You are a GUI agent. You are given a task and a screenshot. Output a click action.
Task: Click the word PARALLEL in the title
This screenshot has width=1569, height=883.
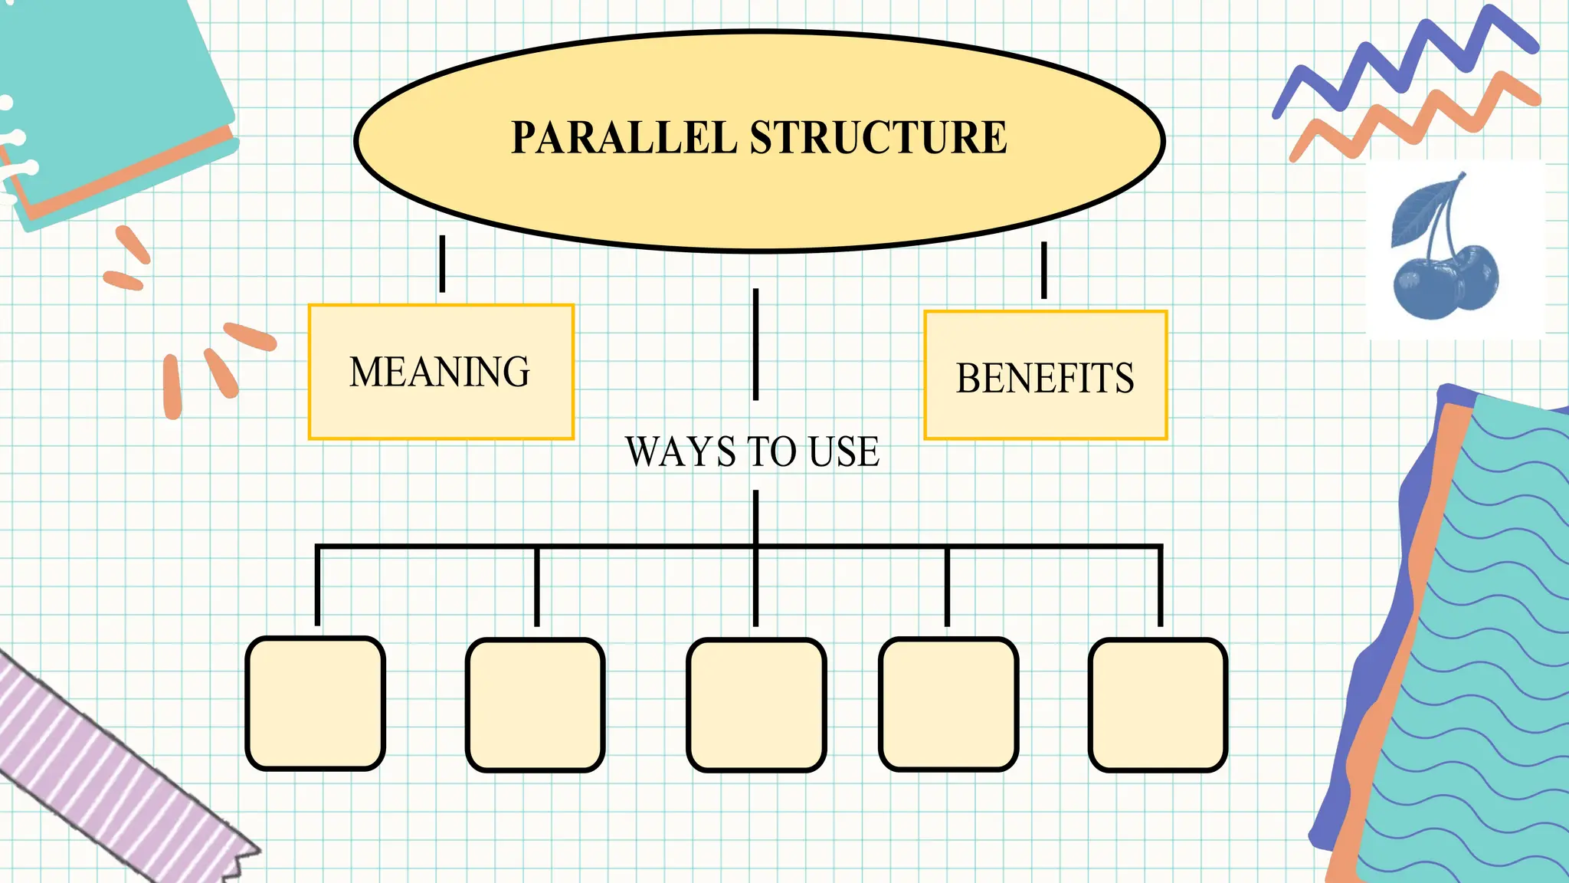624,138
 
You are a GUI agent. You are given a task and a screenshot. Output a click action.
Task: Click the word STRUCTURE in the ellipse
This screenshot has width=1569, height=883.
878,138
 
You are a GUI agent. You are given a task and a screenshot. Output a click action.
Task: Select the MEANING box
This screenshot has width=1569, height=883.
441,373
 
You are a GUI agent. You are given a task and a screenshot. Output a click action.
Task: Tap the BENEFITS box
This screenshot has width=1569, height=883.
1045,376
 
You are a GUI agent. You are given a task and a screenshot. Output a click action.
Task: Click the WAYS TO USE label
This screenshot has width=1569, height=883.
752,451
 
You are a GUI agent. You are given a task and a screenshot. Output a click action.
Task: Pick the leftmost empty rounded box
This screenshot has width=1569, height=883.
315,703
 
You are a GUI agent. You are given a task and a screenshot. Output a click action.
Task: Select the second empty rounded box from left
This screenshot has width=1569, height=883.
535,704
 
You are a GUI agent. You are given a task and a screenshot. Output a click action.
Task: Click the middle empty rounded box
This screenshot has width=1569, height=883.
756,704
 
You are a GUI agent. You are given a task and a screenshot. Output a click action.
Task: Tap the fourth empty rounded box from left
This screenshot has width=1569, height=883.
948,704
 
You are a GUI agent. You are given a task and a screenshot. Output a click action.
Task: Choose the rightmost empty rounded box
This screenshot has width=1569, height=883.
1158,704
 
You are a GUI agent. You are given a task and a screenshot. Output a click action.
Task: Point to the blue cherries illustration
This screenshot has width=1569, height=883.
1443,280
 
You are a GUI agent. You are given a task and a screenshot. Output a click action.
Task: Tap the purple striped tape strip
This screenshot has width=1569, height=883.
107,774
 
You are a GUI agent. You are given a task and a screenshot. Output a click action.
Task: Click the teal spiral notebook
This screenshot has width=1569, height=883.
107,92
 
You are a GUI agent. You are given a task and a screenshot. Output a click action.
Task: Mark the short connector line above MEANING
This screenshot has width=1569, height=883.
442,264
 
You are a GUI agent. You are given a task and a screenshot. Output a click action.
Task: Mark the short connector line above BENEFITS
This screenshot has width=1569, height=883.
1043,270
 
